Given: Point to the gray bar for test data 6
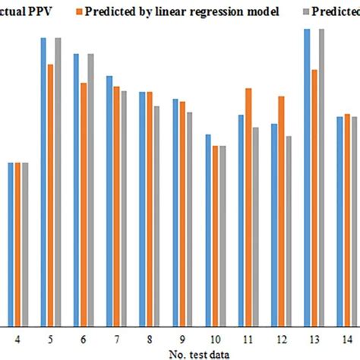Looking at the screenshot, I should click(90, 189).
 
